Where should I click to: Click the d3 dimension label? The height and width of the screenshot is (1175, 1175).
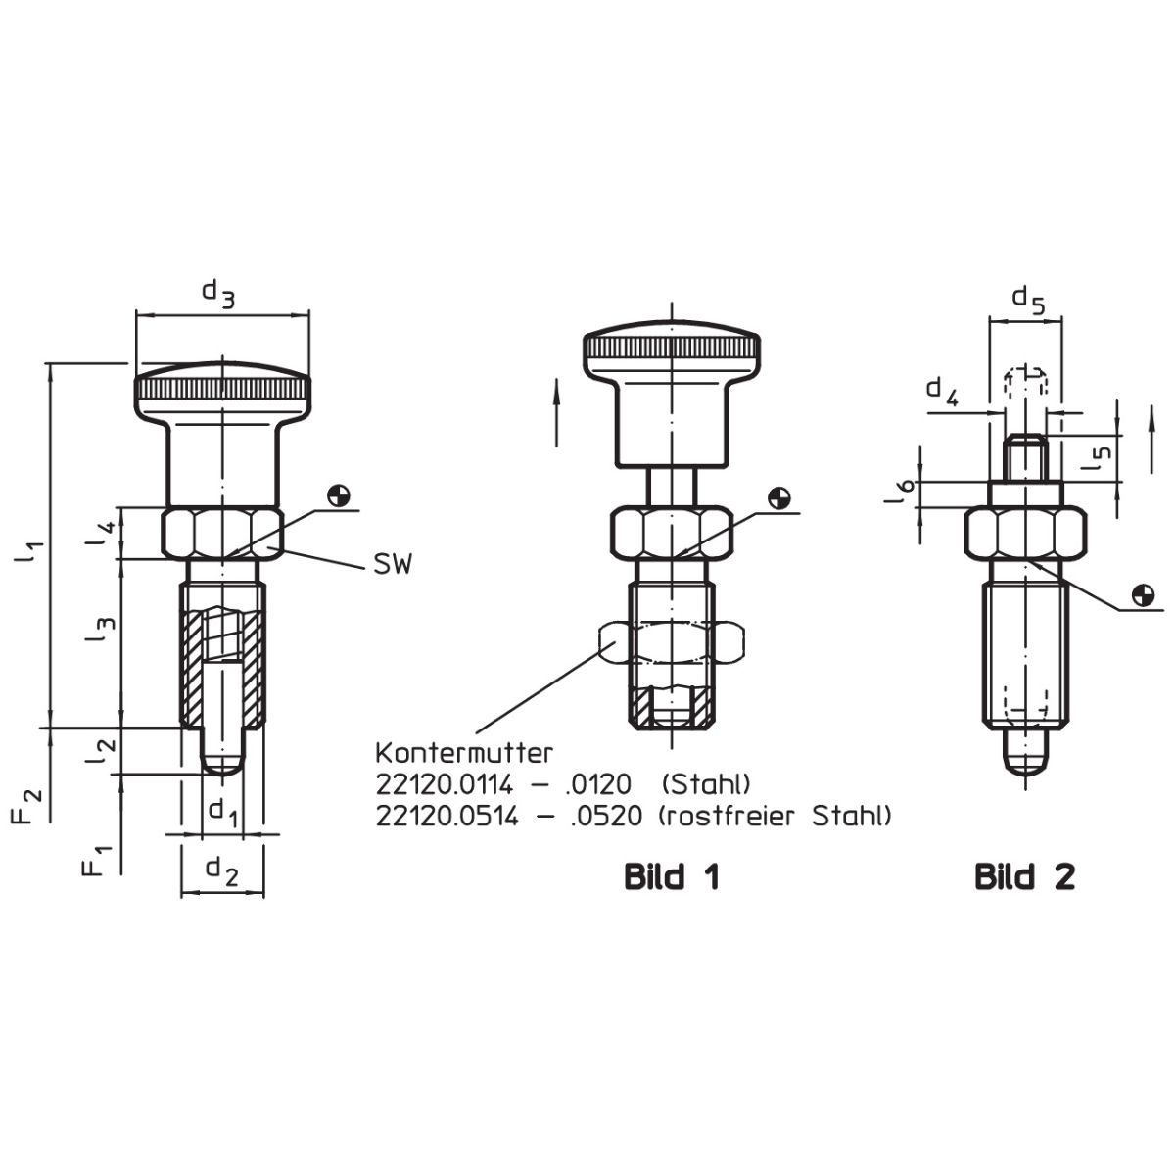[x=218, y=295]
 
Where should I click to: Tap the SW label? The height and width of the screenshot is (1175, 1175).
[x=393, y=565]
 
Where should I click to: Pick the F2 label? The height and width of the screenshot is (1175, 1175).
[x=27, y=805]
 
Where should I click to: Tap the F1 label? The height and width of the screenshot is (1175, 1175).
[x=96, y=861]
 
